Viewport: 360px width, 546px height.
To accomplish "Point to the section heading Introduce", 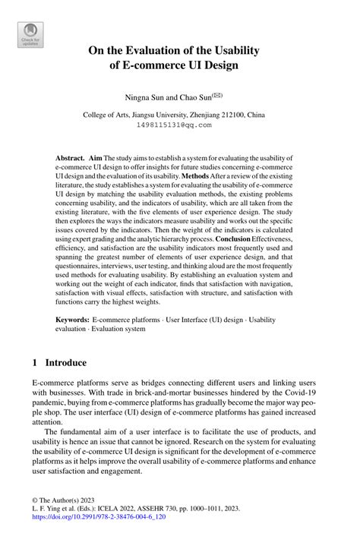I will point(66,362).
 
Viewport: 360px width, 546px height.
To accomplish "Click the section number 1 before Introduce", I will point(35,362).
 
